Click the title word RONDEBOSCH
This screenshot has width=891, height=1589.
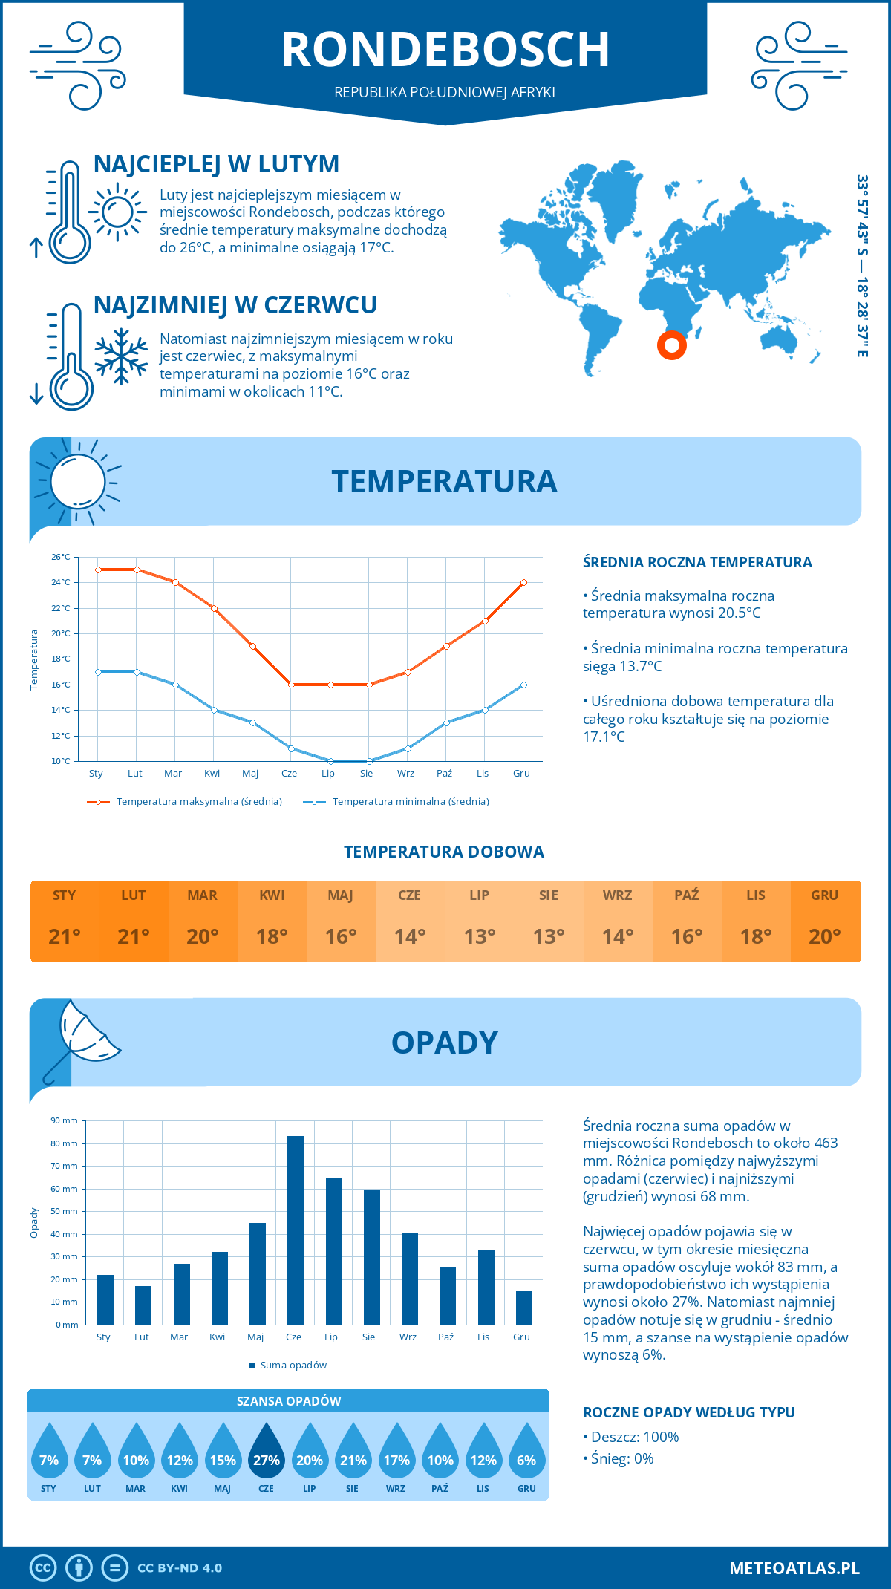tap(446, 50)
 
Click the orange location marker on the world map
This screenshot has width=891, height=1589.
tap(672, 345)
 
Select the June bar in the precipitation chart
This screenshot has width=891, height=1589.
tap(296, 1230)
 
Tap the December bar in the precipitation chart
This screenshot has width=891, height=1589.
tap(524, 1308)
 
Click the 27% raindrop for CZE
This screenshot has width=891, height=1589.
tap(266, 1452)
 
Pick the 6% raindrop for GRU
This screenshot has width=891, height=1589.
tap(526, 1452)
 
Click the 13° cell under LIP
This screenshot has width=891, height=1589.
tap(479, 936)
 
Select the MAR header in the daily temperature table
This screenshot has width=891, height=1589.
tap(203, 895)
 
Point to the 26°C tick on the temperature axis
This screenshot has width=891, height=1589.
tap(61, 557)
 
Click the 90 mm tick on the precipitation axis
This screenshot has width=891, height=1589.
tap(64, 1120)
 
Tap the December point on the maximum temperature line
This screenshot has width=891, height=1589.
tap(523, 583)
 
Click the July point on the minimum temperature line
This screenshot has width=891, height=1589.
tap(330, 761)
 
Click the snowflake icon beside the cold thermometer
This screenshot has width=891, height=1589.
tap(121, 356)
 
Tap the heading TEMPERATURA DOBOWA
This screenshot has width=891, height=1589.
tap(444, 852)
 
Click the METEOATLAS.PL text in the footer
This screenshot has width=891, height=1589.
tap(794, 1568)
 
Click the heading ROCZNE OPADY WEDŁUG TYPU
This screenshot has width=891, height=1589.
tap(688, 1412)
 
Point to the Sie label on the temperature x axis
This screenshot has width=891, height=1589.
tap(366, 774)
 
